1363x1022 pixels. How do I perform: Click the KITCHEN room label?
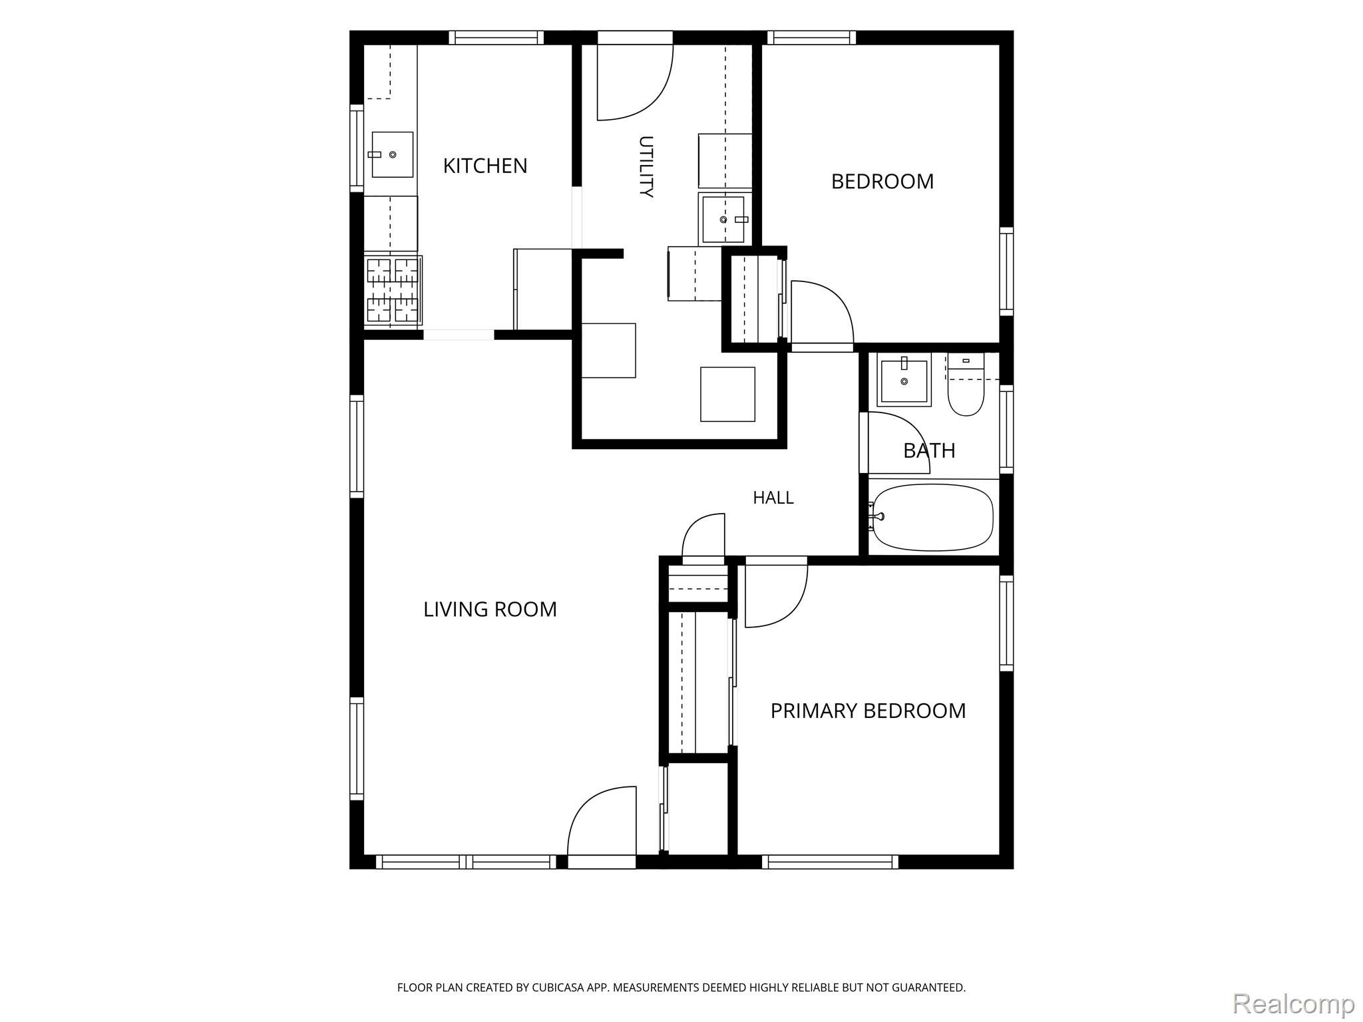pos(485,166)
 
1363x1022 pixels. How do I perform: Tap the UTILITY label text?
pos(646,166)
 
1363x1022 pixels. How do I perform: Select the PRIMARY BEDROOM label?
pos(868,711)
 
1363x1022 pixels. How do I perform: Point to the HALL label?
pos(773,498)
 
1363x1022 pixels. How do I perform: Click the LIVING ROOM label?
pos(490,609)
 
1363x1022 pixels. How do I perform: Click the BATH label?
pos(929,450)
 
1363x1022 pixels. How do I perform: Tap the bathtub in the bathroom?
pos(933,517)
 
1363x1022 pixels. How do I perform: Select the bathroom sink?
pos(904,382)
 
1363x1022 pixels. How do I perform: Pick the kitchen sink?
pos(392,154)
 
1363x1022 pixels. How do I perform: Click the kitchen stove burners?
pos(393,291)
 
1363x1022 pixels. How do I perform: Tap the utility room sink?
pos(725,219)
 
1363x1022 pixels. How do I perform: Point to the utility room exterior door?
pos(635,76)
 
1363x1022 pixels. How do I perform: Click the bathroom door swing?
pos(895,442)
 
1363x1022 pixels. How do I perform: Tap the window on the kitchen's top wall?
pos(496,37)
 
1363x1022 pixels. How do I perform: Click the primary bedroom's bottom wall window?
pos(830,862)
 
